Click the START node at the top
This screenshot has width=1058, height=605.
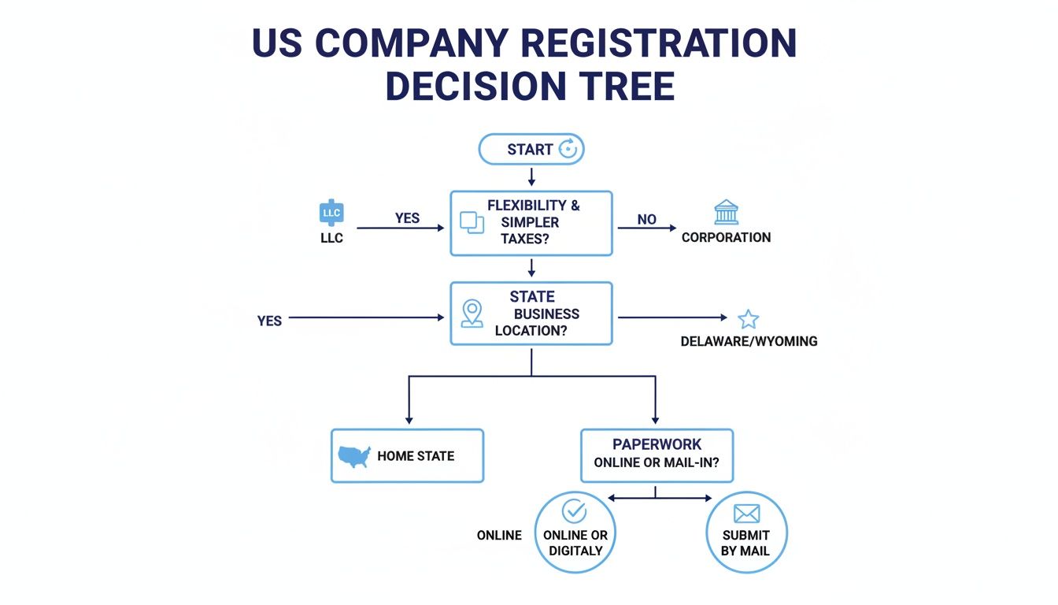(x=531, y=149)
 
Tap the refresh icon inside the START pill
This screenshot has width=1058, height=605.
(x=568, y=148)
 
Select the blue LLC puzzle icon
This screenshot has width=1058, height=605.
(x=331, y=213)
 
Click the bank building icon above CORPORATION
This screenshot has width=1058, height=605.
(x=726, y=213)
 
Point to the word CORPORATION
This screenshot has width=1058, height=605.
(x=726, y=237)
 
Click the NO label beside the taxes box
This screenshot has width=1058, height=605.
(x=646, y=219)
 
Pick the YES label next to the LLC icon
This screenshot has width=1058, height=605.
(x=407, y=217)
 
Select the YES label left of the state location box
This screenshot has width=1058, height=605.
(x=269, y=321)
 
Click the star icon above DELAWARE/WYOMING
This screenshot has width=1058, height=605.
(x=748, y=319)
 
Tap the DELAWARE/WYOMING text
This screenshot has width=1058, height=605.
(x=749, y=341)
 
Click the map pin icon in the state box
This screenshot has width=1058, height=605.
(x=472, y=313)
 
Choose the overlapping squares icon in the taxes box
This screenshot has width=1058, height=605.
(x=472, y=222)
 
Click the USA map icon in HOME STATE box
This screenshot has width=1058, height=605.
(x=354, y=456)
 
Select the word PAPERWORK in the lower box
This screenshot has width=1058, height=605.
(x=657, y=444)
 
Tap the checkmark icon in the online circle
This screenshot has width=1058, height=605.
(x=574, y=511)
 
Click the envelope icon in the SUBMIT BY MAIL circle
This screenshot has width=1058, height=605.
(x=745, y=514)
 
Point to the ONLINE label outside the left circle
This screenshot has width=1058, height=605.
(x=499, y=535)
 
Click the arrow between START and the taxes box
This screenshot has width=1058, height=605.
(x=531, y=177)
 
